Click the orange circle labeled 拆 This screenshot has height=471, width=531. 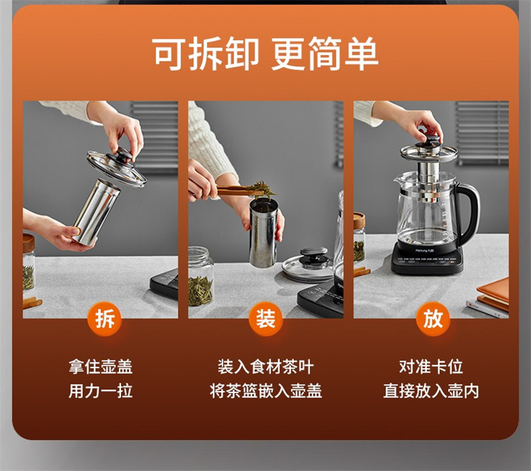pos(105,319)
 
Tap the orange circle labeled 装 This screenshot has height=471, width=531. pos(265,319)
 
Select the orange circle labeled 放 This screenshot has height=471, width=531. pos(433,319)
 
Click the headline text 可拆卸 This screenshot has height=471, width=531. pos(206,54)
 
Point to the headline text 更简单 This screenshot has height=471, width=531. pos(324,54)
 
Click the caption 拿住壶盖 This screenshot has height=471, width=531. pos(101,367)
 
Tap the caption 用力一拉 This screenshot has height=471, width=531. pos(101,391)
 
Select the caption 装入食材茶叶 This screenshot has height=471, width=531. pos(265,367)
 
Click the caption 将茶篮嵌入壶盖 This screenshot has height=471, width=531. pos(265,391)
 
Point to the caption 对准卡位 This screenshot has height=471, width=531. pos(430,367)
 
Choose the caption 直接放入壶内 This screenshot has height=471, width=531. pos(430,391)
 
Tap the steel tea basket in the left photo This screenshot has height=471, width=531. pos(96,212)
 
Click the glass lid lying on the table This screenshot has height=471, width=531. pos(307,266)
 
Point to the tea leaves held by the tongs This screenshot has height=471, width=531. pos(262,189)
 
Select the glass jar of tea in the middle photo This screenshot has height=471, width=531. pos(201,276)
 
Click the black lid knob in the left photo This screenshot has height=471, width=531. pos(120,155)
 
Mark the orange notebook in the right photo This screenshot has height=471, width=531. pos(493,290)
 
